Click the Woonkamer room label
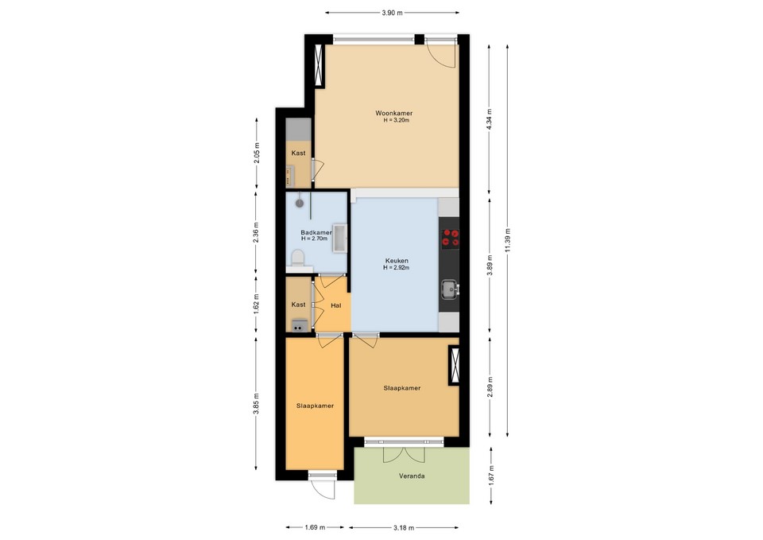click(x=394, y=113)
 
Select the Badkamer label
click(x=316, y=232)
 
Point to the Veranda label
click(x=411, y=476)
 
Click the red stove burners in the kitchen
click(x=450, y=236)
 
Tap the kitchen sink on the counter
click(x=450, y=288)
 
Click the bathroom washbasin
click(x=339, y=237)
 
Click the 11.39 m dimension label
click(x=508, y=238)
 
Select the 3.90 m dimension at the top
click(x=392, y=13)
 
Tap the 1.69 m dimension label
click(x=314, y=526)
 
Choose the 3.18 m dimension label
click(x=404, y=526)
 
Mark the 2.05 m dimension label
click(x=257, y=152)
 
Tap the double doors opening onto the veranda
click(x=405, y=452)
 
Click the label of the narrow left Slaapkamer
click(x=315, y=406)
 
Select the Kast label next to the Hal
click(x=299, y=305)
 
